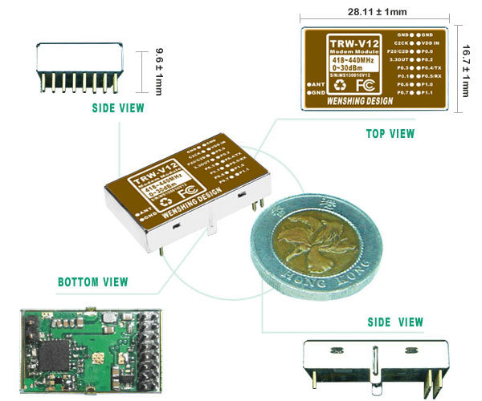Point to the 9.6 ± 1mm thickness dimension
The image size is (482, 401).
(158, 73)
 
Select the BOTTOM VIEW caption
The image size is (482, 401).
(92, 282)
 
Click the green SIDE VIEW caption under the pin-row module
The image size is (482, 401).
(118, 107)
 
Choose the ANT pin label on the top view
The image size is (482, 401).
(316, 84)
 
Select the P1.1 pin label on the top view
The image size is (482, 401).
(433, 93)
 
